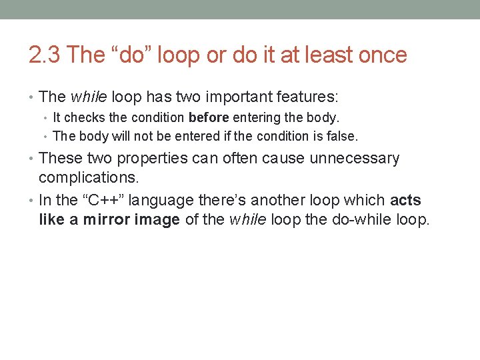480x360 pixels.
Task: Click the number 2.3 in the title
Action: (x=45, y=55)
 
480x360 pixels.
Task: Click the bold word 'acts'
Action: (x=405, y=200)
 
